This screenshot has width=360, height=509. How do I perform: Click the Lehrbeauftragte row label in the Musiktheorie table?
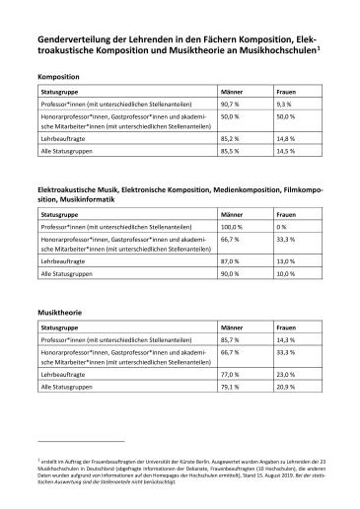[65, 375]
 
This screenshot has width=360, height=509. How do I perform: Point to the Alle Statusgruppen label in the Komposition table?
[69, 152]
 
